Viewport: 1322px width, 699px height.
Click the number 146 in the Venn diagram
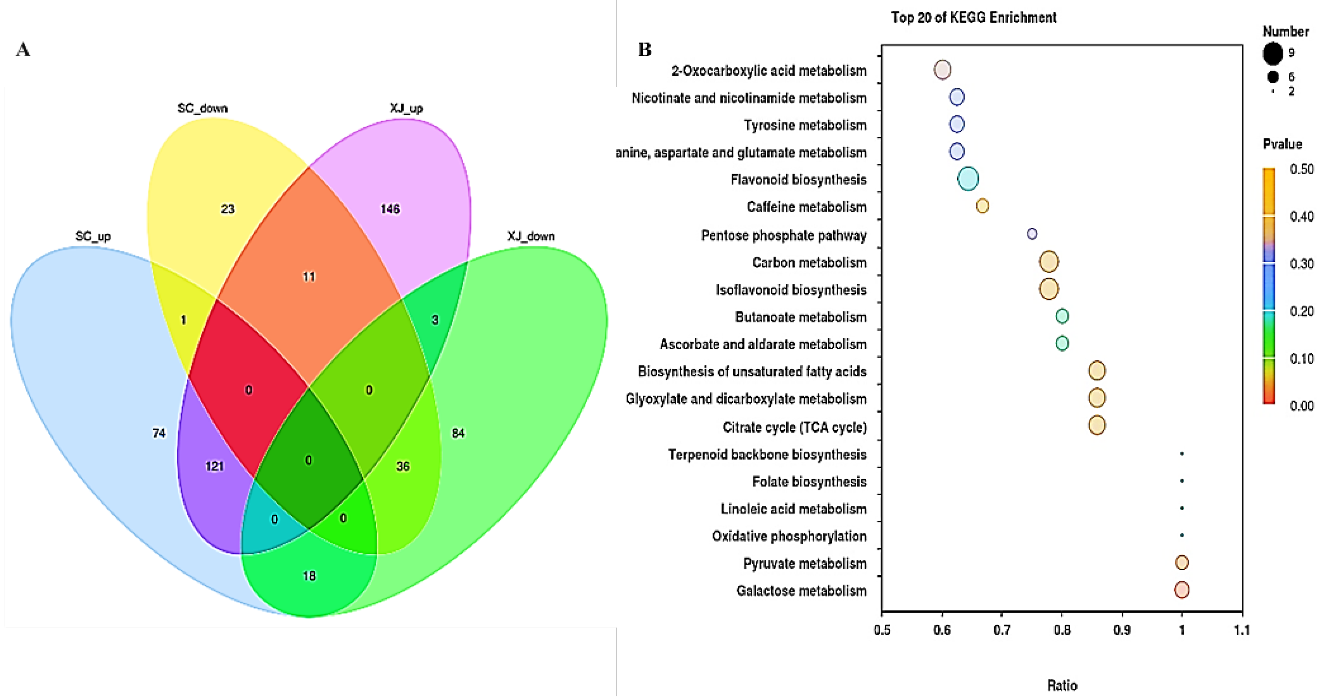(389, 209)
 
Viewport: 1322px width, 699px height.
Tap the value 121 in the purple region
(215, 466)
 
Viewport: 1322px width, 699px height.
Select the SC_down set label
(202, 109)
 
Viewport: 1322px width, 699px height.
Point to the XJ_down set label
(531, 236)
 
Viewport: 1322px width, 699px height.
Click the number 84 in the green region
(458, 433)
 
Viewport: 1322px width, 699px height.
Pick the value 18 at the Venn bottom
(309, 576)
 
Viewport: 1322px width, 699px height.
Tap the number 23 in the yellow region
(227, 209)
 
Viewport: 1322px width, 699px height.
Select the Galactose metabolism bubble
(1181, 590)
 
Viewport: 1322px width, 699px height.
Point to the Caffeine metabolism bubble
(982, 206)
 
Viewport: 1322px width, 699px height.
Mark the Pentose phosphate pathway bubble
(1031, 234)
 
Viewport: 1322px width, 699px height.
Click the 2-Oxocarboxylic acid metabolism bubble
(942, 69)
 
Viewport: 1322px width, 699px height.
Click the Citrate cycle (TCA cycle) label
(794, 427)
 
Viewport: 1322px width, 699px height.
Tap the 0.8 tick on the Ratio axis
(1062, 630)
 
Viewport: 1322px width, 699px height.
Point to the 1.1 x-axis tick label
(1241, 630)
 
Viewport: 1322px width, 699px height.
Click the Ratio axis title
(1062, 685)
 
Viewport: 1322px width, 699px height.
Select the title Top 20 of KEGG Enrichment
(973, 18)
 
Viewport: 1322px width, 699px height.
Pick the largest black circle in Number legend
(1272, 54)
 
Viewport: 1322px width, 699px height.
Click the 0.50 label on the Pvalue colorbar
(1301, 169)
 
